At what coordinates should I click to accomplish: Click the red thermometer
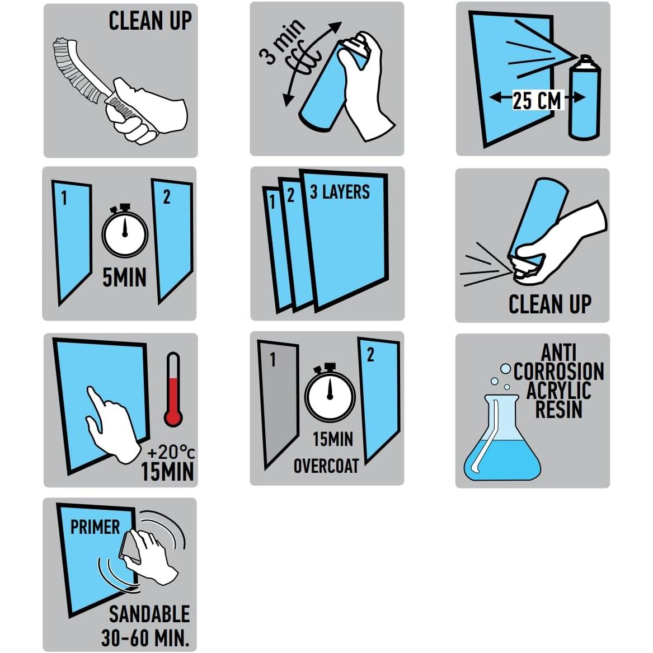173,389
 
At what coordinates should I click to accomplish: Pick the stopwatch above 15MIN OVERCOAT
330,392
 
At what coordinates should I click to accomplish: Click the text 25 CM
537,100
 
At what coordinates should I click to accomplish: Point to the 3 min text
283,41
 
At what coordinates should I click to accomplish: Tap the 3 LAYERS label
340,192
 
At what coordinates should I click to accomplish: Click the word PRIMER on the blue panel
95,527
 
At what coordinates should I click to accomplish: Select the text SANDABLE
149,614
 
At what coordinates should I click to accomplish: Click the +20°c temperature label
171,452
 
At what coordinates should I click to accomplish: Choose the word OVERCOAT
326,466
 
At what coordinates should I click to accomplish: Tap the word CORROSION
558,371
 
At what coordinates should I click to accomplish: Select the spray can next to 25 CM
585,97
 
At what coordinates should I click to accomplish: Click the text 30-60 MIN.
145,638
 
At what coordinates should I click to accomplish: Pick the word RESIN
558,409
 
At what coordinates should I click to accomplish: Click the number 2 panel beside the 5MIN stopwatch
172,240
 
